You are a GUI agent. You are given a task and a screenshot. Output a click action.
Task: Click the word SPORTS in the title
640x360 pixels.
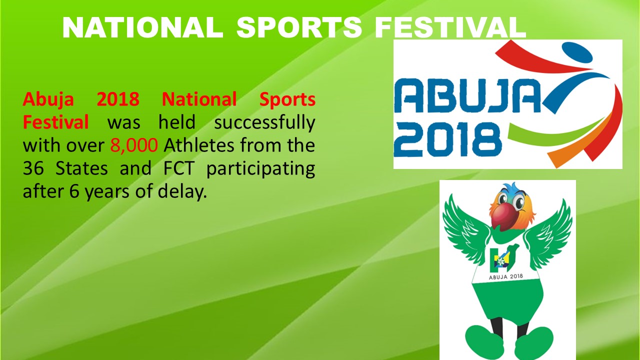[299, 27]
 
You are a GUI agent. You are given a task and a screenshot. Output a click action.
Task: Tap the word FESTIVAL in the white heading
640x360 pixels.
[450, 27]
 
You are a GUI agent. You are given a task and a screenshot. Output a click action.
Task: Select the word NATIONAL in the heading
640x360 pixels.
[143, 27]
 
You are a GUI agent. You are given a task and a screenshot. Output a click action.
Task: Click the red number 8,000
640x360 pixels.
[133, 145]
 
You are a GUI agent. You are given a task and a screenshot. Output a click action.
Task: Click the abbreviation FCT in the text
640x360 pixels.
[178, 168]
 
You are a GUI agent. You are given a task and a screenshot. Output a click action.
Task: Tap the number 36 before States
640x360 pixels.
[33, 168]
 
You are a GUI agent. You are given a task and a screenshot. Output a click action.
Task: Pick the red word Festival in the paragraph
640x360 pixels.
[55, 122]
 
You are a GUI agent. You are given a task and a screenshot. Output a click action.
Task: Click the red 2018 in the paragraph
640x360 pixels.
[118, 99]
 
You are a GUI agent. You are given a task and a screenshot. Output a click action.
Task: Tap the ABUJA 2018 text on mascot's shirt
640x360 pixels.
[505, 276]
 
